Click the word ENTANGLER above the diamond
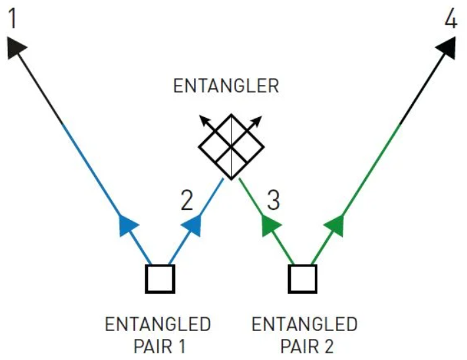pyautogui.click(x=226, y=86)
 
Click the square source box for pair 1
pyautogui.click(x=160, y=278)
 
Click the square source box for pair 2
pyautogui.click(x=303, y=278)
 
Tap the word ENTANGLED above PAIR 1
pyautogui.click(x=158, y=324)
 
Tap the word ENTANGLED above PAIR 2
pyautogui.click(x=305, y=324)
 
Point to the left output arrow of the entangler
pyautogui.click(x=209, y=123)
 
